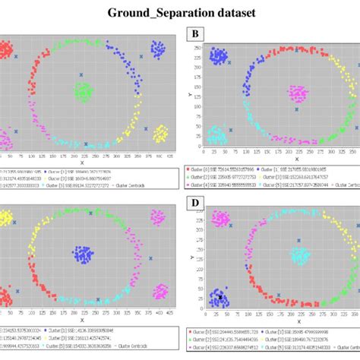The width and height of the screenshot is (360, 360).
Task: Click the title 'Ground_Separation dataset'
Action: (180, 14)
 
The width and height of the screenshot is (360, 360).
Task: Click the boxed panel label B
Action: (197, 33)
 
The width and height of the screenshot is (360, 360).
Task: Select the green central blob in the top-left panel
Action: (83, 92)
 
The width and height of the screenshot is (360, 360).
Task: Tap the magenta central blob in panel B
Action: (297, 94)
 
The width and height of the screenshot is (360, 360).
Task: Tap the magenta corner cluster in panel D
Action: (221, 219)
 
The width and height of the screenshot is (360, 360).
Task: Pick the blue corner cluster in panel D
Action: (219, 298)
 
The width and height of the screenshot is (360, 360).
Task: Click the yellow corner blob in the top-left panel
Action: (160, 134)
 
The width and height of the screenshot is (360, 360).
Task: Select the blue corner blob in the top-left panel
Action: (158, 50)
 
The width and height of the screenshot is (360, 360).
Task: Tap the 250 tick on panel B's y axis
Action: (198, 59)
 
